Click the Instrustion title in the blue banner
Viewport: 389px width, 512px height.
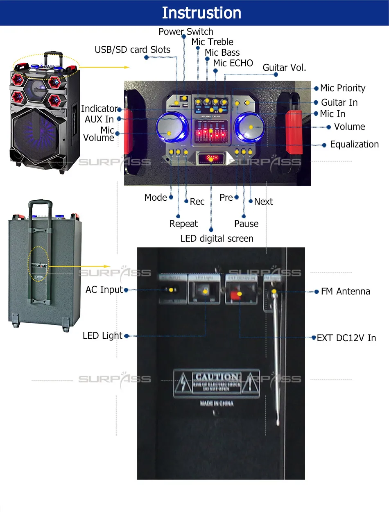[x=201, y=13]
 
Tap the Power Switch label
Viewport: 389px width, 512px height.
[x=186, y=32]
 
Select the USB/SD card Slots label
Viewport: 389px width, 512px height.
[x=132, y=50]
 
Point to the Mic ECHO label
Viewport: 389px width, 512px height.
[x=233, y=63]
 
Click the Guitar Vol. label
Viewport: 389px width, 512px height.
[x=284, y=68]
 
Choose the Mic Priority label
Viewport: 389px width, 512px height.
[x=342, y=88]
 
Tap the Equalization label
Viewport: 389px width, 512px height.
[x=354, y=144]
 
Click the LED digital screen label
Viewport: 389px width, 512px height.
[x=217, y=238]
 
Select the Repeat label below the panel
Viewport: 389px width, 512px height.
[x=183, y=224]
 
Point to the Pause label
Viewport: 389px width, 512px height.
[x=246, y=224]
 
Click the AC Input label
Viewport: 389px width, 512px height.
[x=104, y=290]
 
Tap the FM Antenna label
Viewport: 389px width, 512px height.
[x=345, y=291]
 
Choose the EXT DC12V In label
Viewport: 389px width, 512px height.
[x=346, y=338]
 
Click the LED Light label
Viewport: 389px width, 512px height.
[x=102, y=335]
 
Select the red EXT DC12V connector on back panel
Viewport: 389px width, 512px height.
[x=235, y=295]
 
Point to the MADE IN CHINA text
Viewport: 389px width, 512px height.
[x=217, y=403]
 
